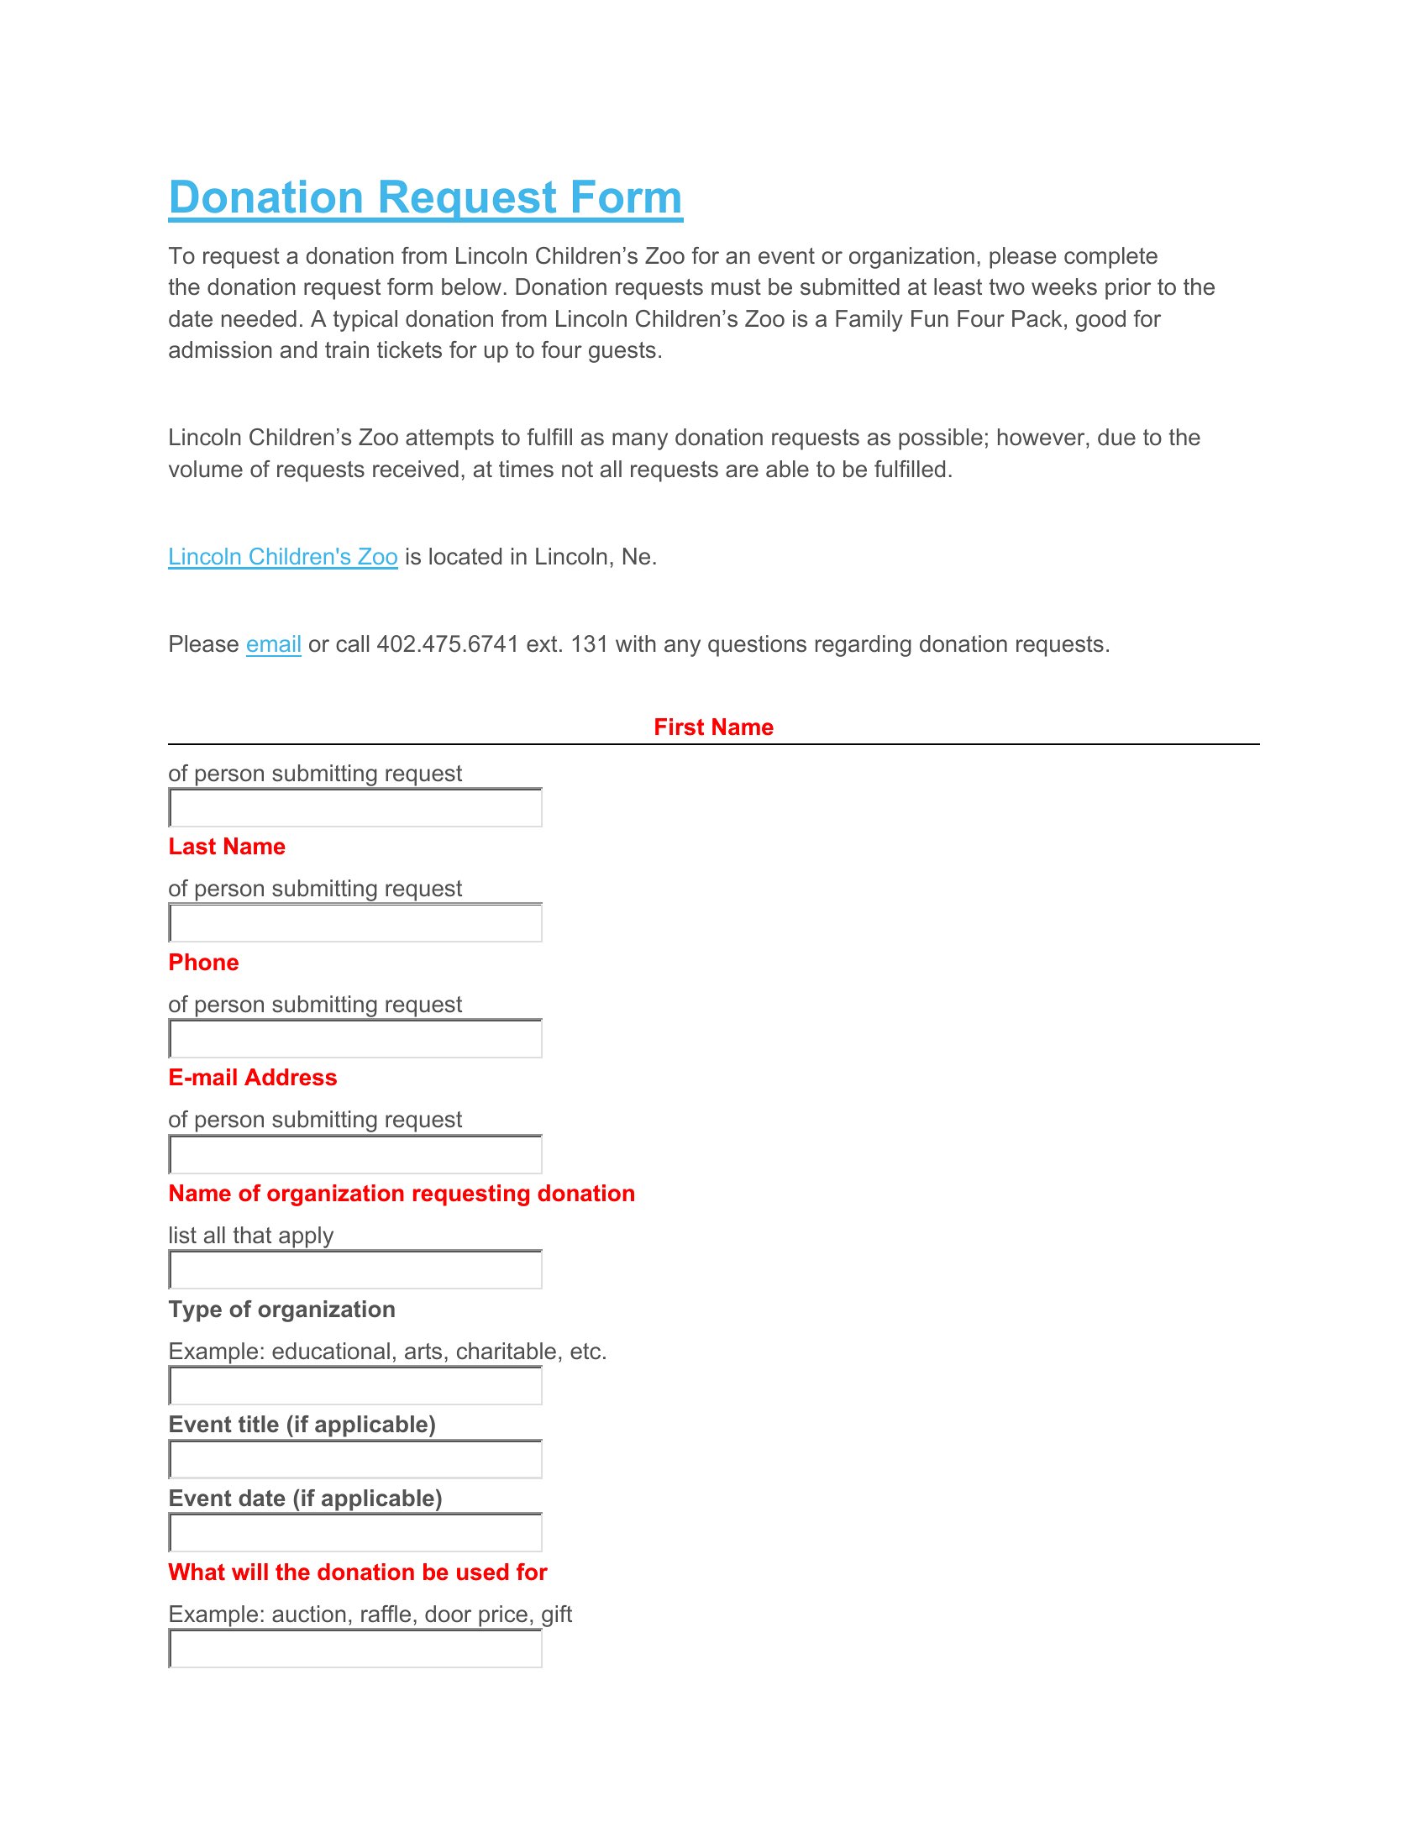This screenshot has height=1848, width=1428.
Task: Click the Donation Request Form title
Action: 425,198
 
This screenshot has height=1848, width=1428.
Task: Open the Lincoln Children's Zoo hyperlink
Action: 282,557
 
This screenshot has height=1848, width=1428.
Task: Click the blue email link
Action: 273,645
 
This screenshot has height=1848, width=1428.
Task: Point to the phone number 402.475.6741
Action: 447,645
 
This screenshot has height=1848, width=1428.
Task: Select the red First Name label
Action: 713,727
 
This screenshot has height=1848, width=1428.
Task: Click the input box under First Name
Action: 355,808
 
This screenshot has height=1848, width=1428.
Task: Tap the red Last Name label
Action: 227,847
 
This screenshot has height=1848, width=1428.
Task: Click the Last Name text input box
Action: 355,923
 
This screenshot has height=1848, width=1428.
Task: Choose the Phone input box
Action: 355,1039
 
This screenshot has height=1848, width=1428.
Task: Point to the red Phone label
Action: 203,963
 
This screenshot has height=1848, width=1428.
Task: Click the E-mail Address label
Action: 252,1078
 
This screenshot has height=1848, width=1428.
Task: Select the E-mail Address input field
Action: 355,1155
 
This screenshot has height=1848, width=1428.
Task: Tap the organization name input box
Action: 355,1270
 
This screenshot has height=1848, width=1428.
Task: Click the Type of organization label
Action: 281,1310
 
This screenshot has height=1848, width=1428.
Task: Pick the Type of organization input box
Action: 355,1386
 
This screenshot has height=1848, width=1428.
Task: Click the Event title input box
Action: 355,1460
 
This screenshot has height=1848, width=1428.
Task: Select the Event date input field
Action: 355,1533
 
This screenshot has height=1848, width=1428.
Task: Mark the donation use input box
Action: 355,1649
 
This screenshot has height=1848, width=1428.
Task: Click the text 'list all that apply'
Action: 250,1236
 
